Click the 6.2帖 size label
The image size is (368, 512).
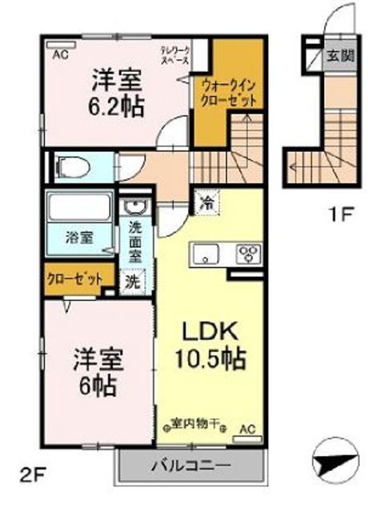pyautogui.click(x=117, y=106)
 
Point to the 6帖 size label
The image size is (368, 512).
pyautogui.click(x=95, y=386)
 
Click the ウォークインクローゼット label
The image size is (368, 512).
pyautogui.click(x=229, y=94)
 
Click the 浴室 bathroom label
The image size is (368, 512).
pyautogui.click(x=78, y=237)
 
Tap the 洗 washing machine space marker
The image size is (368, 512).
pyautogui.click(x=134, y=281)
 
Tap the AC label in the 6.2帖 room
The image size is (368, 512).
pyautogui.click(x=60, y=56)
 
